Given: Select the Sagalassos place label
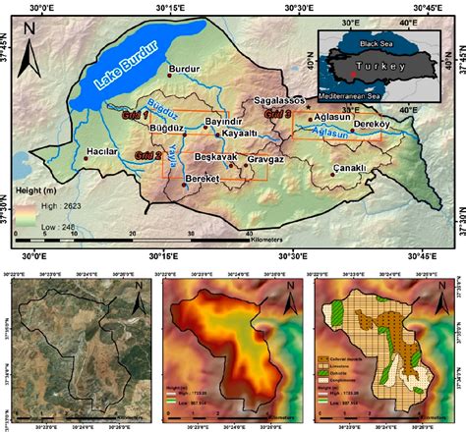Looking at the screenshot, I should (x=282, y=100).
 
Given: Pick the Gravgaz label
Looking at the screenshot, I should (x=264, y=158).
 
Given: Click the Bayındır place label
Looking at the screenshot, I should (x=222, y=121).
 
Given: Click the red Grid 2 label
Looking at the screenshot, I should (x=147, y=155).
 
